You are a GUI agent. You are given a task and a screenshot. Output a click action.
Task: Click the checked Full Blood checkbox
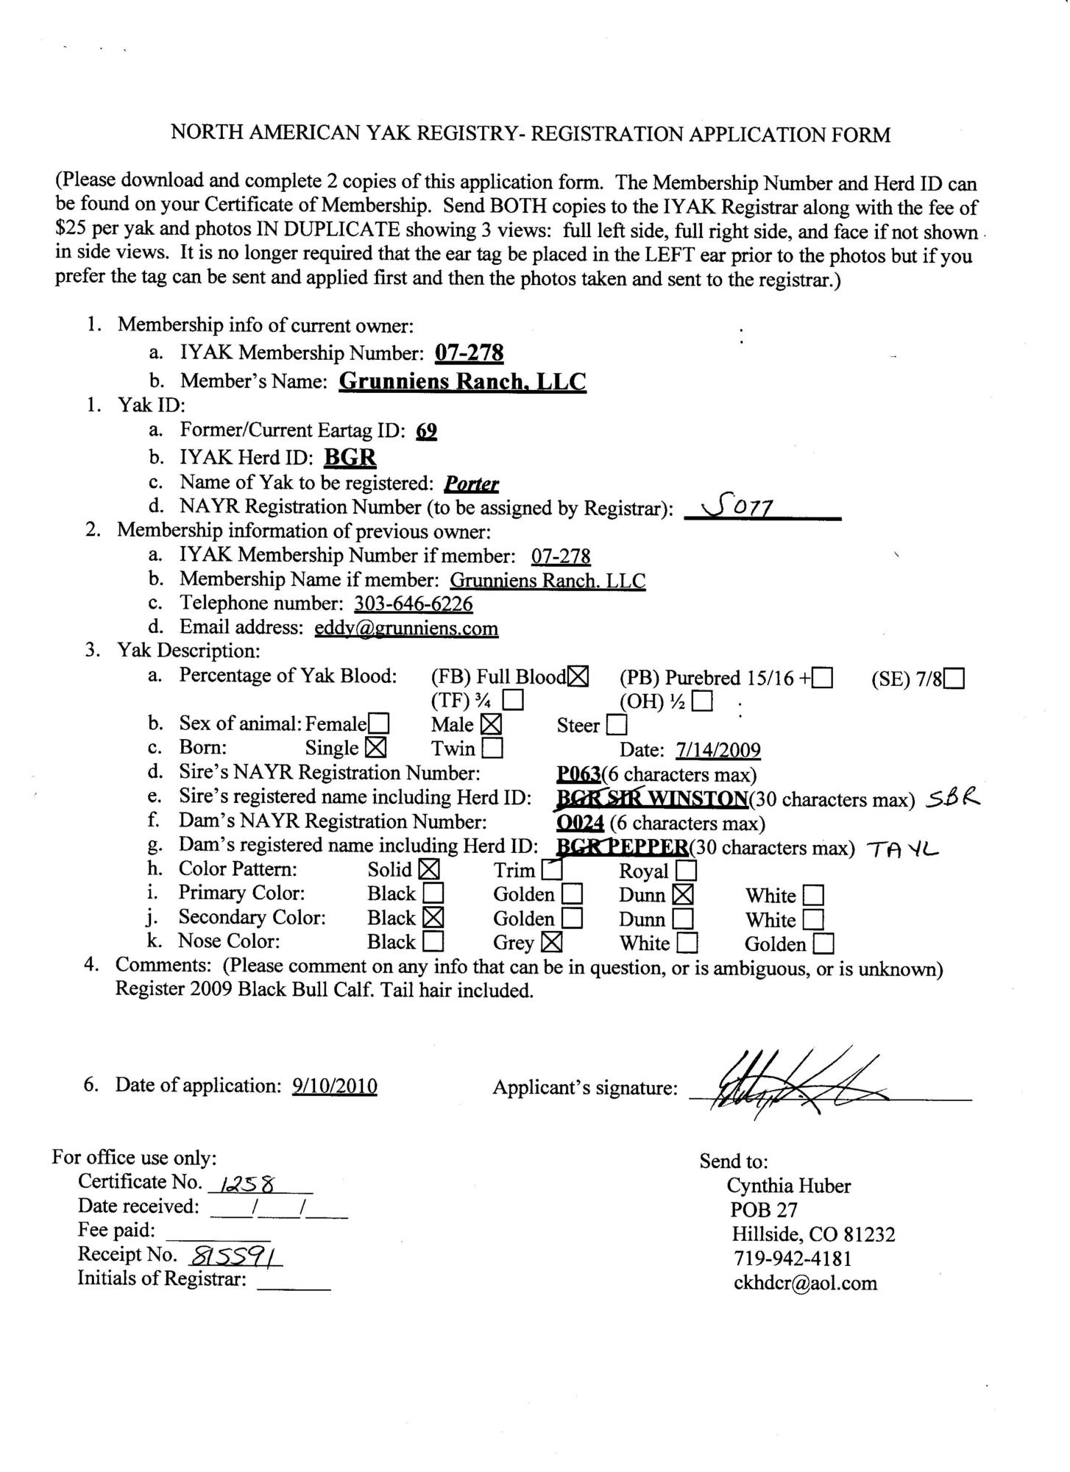click(x=579, y=676)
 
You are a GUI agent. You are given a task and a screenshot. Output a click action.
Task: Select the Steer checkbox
click(x=617, y=726)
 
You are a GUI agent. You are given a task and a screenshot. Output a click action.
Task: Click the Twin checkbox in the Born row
click(x=492, y=749)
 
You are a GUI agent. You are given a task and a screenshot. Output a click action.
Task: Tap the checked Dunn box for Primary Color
click(x=683, y=895)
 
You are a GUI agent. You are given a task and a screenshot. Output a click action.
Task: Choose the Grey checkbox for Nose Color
click(x=552, y=942)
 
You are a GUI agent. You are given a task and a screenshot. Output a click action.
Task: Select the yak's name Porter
click(x=472, y=484)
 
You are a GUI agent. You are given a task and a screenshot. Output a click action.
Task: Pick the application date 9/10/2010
click(x=335, y=1086)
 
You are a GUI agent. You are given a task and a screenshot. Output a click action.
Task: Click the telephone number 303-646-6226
click(x=414, y=604)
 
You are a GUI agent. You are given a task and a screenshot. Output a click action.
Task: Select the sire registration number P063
click(x=578, y=774)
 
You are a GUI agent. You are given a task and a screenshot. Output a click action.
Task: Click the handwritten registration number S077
click(x=737, y=507)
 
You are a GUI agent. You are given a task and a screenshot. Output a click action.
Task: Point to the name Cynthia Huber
click(x=788, y=1186)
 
